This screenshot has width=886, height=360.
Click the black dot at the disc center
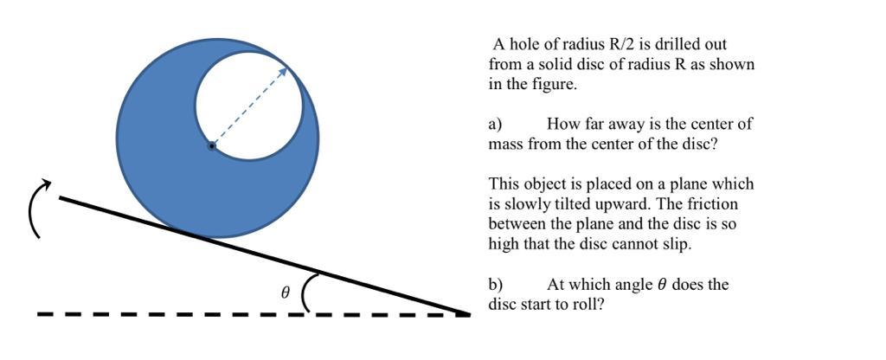pyautogui.click(x=211, y=146)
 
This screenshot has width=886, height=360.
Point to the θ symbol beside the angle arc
pyautogui.click(x=286, y=293)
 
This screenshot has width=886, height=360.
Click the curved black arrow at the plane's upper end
pyautogui.click(x=36, y=208)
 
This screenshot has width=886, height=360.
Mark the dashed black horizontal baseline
pyautogui.click(x=173, y=314)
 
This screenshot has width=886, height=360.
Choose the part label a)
pyautogui.click(x=496, y=124)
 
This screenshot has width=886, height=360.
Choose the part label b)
pyautogui.click(x=496, y=285)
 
